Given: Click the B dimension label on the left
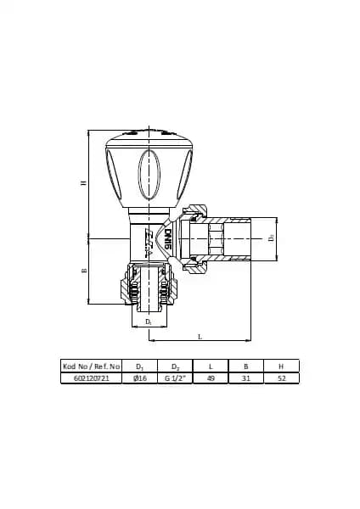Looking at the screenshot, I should pyautogui.click(x=83, y=271).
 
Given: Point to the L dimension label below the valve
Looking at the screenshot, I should pyautogui.click(x=200, y=337).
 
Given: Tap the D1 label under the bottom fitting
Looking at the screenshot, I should pyautogui.click(x=149, y=322).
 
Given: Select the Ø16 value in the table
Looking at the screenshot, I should pyautogui.click(x=141, y=378).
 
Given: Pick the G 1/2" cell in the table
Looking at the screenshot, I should pyautogui.click(x=177, y=378).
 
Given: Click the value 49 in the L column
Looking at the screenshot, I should pyautogui.click(x=211, y=378).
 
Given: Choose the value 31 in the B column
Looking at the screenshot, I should pyautogui.click(x=246, y=378).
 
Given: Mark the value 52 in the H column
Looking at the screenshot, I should pyautogui.click(x=281, y=378).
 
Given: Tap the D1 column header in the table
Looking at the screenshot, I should pyautogui.click(x=141, y=366).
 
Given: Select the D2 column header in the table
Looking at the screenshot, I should pyautogui.click(x=177, y=366).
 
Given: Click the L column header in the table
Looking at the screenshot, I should pyautogui.click(x=211, y=366).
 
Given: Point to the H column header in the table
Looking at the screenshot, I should pyautogui.click(x=281, y=366).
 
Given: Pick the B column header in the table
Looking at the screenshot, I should pyautogui.click(x=246, y=366).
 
